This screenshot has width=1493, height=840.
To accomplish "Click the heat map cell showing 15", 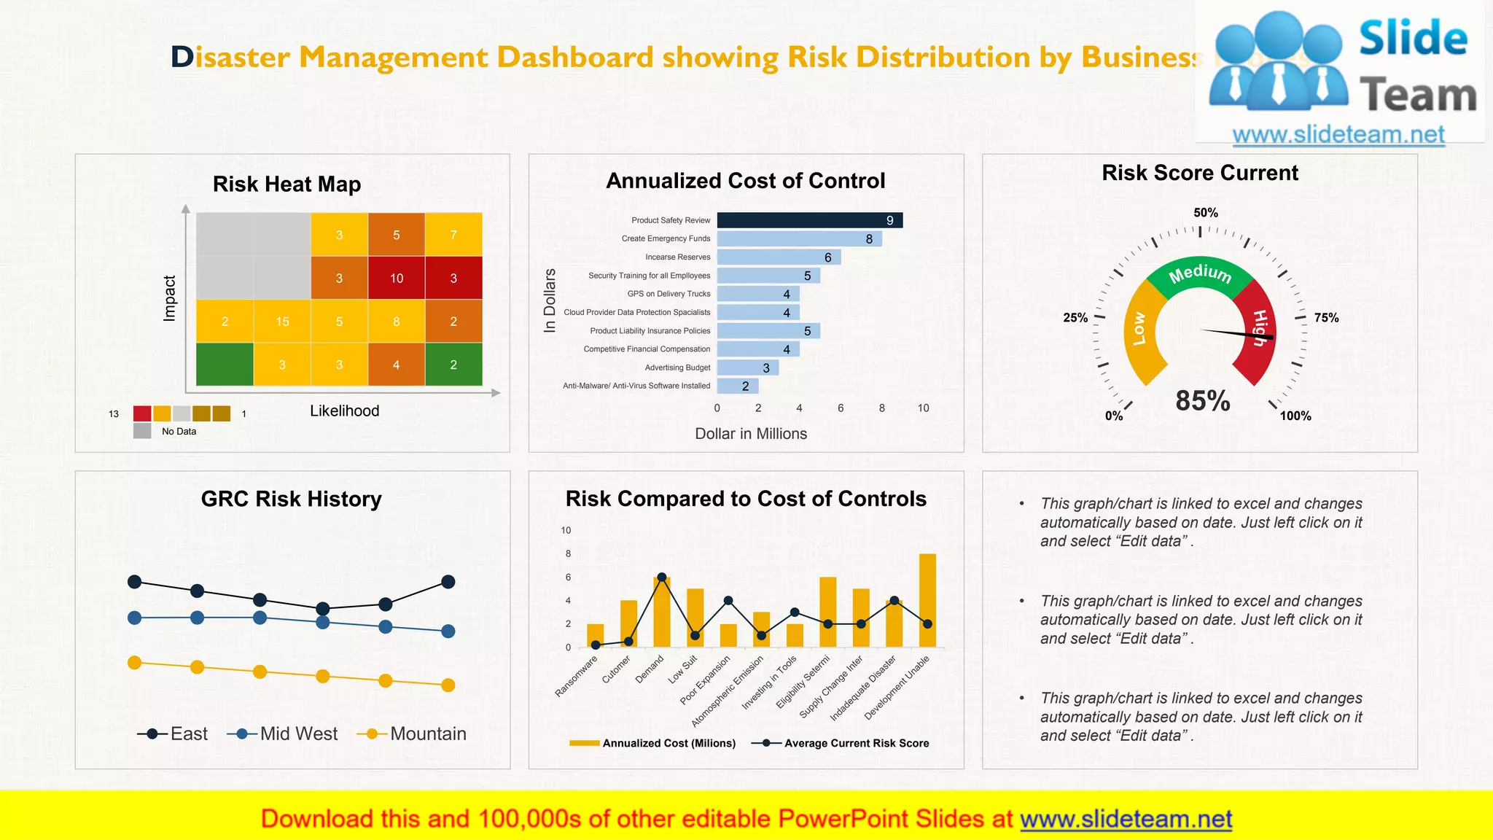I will click(282, 322).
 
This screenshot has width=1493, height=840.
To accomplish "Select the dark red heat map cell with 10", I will click(396, 278).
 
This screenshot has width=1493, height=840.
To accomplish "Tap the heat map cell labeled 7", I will click(453, 235).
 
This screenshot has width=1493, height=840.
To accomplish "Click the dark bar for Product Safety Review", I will click(809, 220).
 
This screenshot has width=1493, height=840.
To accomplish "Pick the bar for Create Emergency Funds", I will click(799, 238).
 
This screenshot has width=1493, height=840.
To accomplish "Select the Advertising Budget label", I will click(677, 367).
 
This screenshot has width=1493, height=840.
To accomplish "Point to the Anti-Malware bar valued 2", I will click(737, 386).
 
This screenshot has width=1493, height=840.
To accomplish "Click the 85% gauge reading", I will click(1203, 400).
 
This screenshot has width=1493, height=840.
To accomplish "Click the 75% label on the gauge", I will click(1326, 318).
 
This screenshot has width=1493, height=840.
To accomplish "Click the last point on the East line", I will click(448, 582).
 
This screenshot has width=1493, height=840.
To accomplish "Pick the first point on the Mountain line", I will click(134, 663).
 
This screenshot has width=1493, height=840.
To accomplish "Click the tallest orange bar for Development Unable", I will click(927, 599).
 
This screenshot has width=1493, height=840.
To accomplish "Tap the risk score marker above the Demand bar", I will click(662, 577).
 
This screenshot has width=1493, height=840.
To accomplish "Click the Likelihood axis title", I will click(344, 411).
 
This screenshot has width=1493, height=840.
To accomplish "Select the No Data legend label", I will click(179, 432).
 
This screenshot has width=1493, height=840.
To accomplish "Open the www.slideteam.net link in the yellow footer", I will click(1126, 819).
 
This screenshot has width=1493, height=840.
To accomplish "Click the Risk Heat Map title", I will click(286, 184).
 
